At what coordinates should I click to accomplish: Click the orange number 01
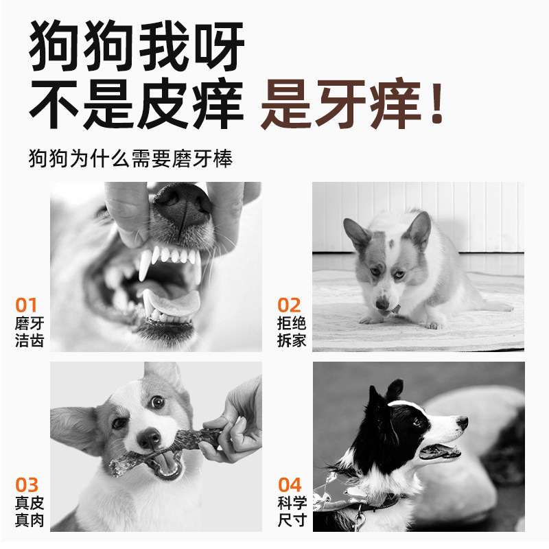click(x=27, y=305)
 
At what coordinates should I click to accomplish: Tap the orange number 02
click(x=290, y=305)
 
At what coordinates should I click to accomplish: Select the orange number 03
click(x=27, y=485)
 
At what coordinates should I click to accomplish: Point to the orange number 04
click(x=290, y=485)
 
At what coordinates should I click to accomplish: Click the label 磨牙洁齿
click(x=30, y=331)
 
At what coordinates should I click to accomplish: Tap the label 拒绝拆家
click(x=292, y=331)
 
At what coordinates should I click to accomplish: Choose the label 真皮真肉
click(x=30, y=511)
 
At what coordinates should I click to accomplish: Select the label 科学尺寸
click(x=292, y=511)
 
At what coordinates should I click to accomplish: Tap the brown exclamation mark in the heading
click(x=436, y=104)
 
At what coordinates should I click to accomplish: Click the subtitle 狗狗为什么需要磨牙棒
click(x=131, y=159)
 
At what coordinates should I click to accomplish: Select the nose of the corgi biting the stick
click(x=150, y=439)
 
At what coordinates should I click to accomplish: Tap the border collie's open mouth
click(x=439, y=451)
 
